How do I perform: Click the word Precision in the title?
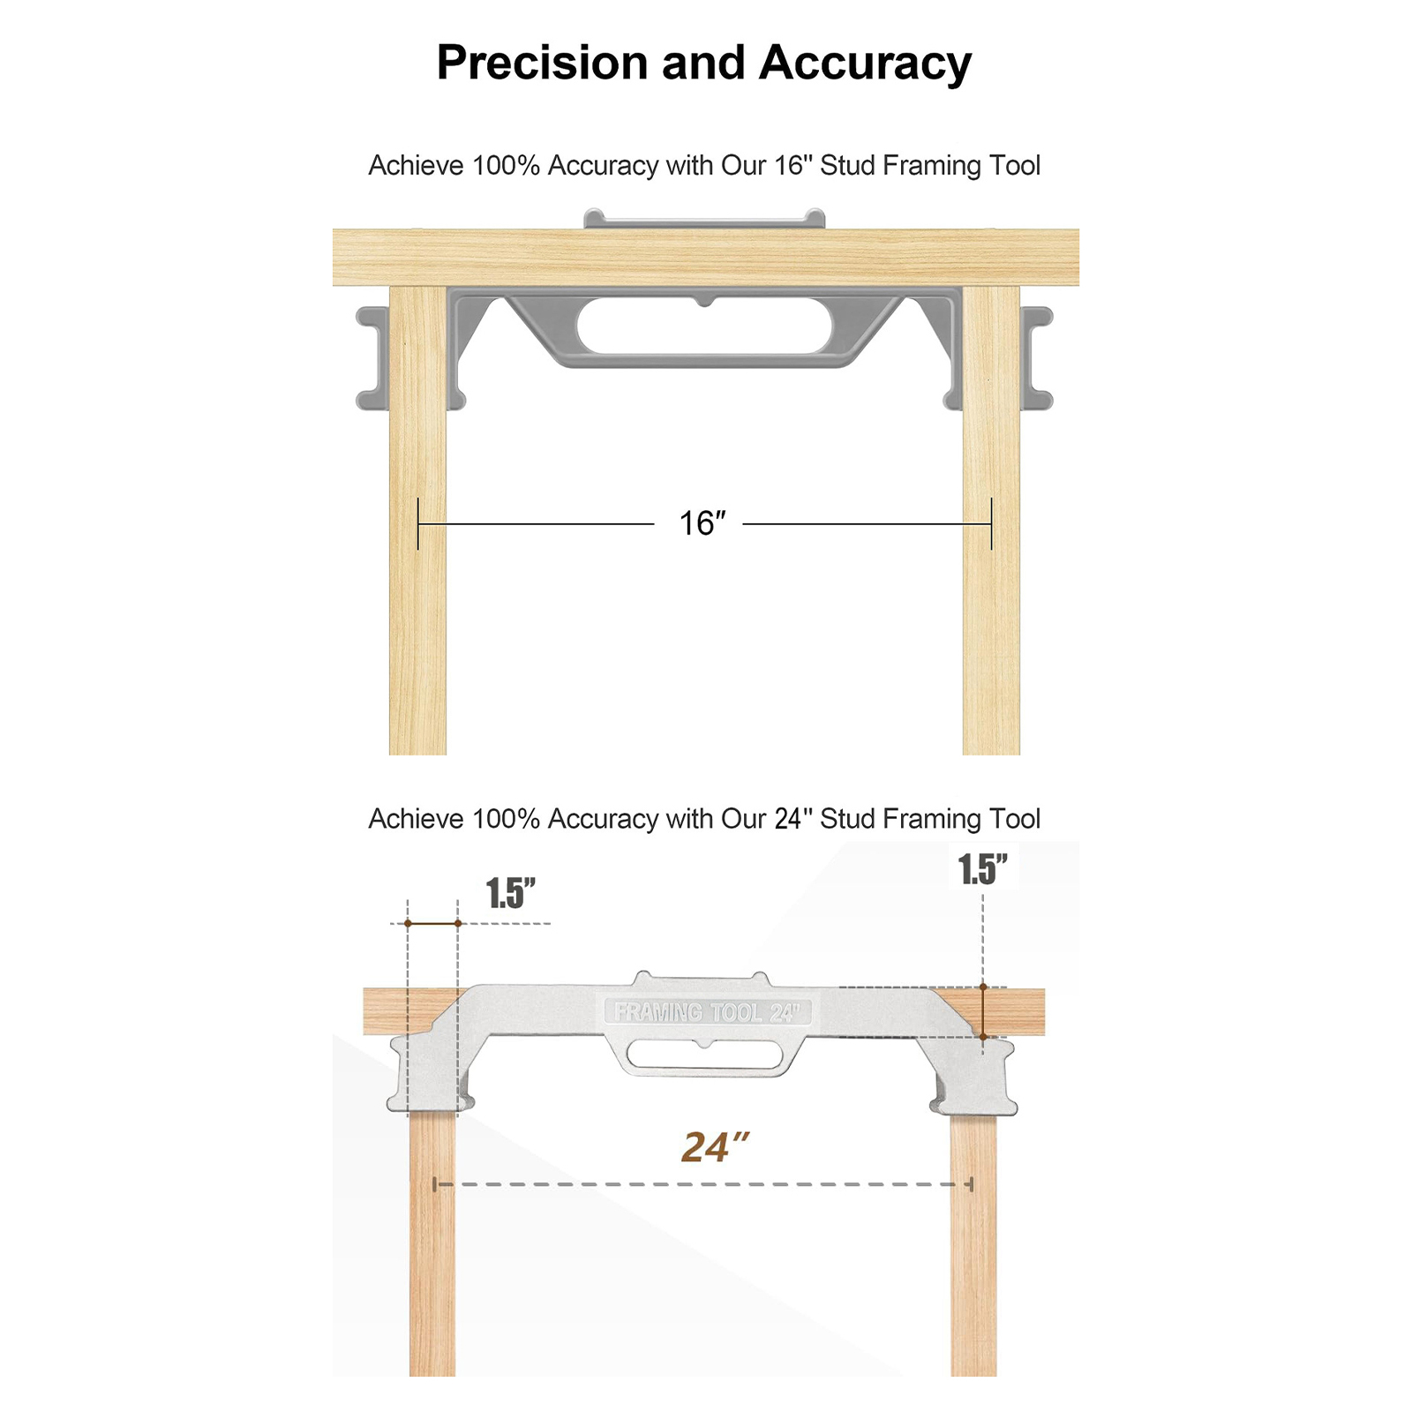(x=542, y=63)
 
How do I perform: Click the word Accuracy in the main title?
(x=865, y=64)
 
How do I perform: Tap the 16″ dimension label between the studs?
(x=702, y=523)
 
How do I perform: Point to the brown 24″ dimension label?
(x=715, y=1147)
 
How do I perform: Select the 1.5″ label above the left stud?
(x=511, y=893)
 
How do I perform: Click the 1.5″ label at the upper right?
(x=983, y=869)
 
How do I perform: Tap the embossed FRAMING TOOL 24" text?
(x=707, y=1011)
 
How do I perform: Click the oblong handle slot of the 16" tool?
(x=704, y=326)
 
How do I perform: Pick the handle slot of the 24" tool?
(x=703, y=1055)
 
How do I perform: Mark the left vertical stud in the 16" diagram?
(x=417, y=521)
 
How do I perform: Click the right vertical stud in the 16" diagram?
(x=991, y=521)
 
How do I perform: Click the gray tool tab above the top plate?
(x=704, y=219)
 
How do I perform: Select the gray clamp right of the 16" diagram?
(x=1037, y=358)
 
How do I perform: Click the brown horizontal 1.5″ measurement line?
(x=432, y=923)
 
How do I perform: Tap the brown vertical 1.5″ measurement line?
(x=983, y=1011)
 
